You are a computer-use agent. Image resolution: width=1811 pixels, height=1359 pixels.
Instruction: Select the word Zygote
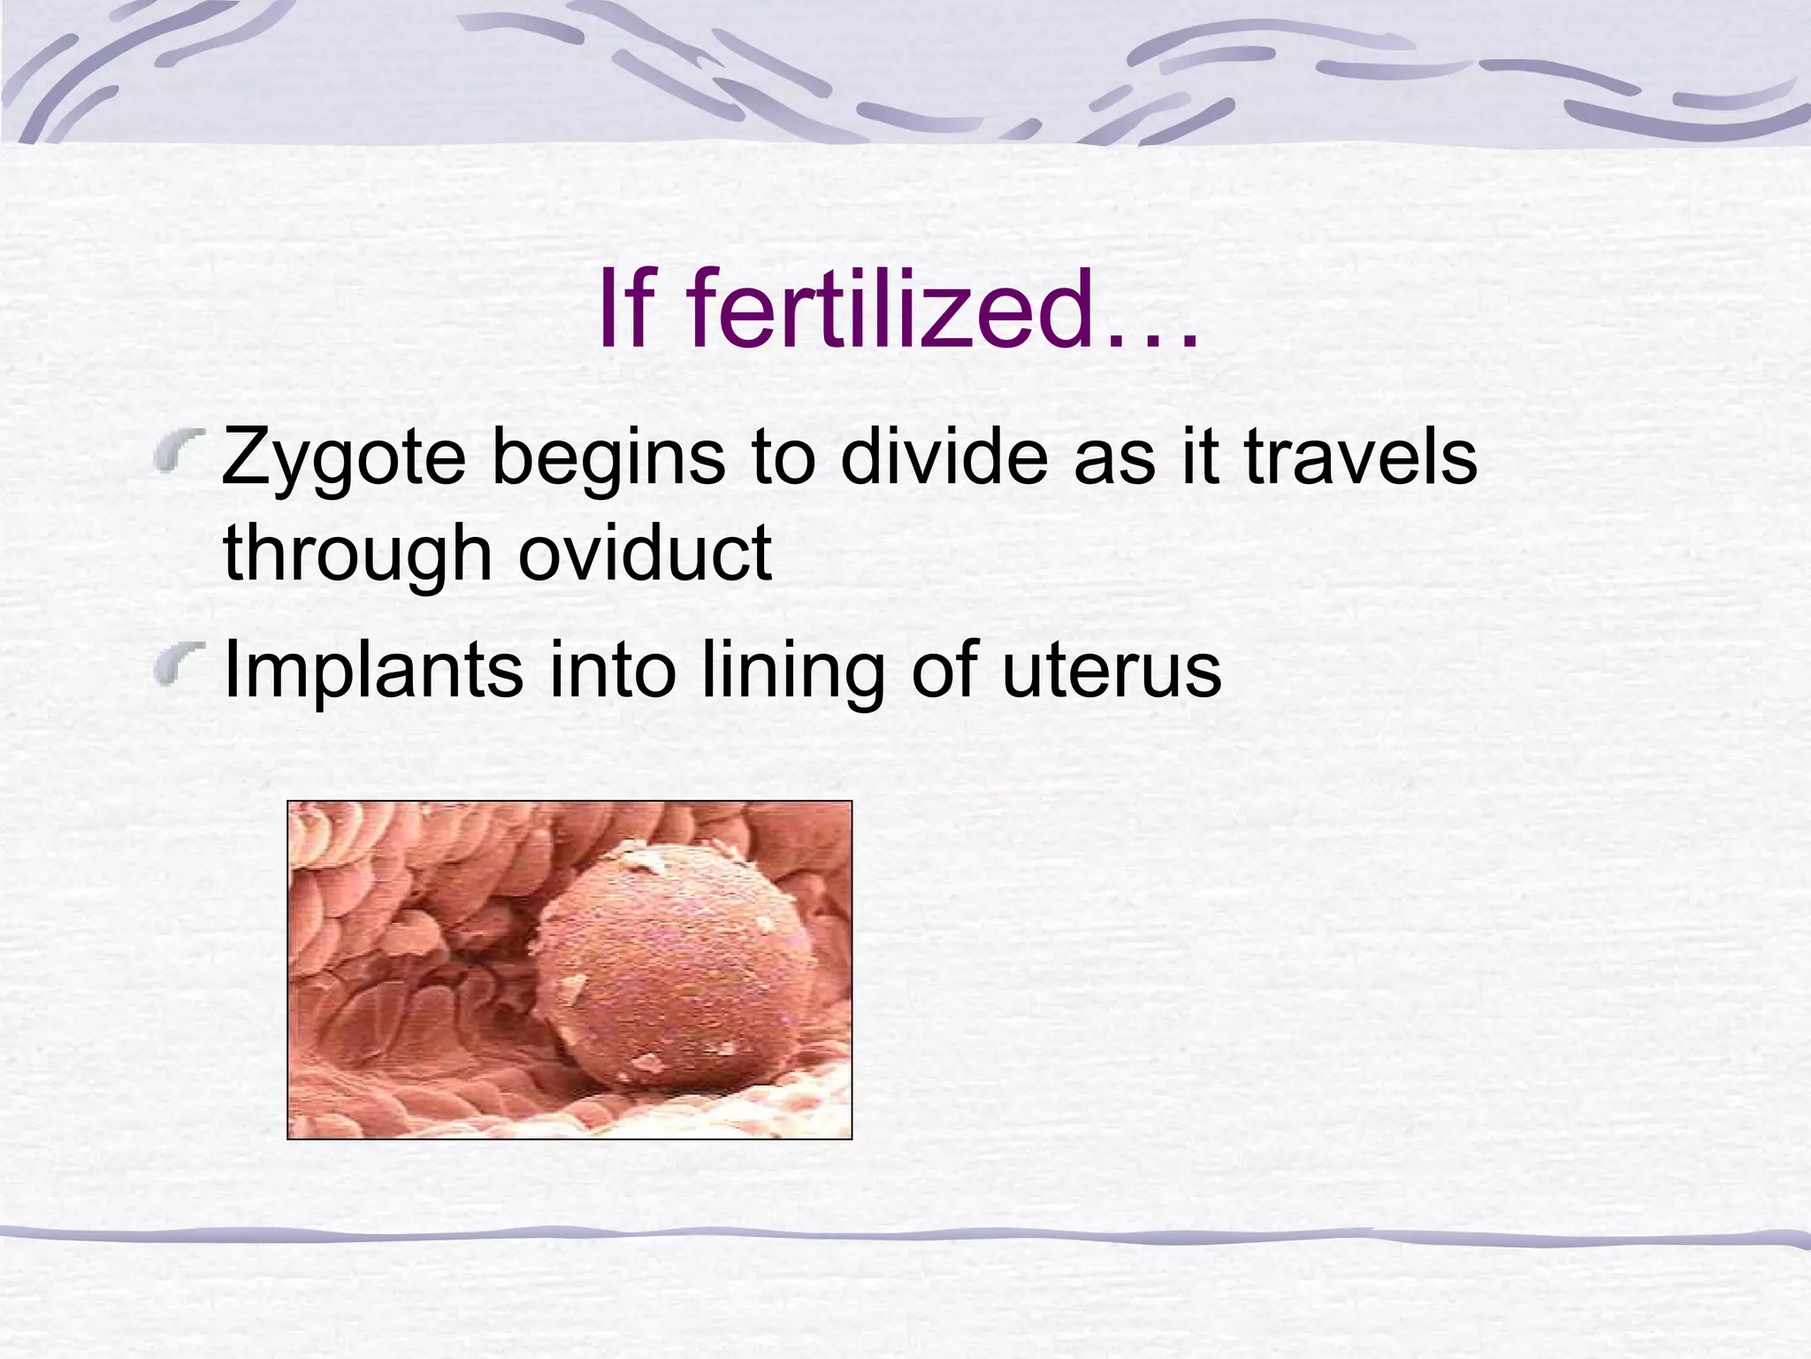[x=343, y=459]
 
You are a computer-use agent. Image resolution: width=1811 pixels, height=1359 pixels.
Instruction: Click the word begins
[x=607, y=459]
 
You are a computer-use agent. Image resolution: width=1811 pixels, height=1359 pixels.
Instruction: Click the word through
[x=356, y=555]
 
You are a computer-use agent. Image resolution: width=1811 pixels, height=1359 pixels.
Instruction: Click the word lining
[x=791, y=671]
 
